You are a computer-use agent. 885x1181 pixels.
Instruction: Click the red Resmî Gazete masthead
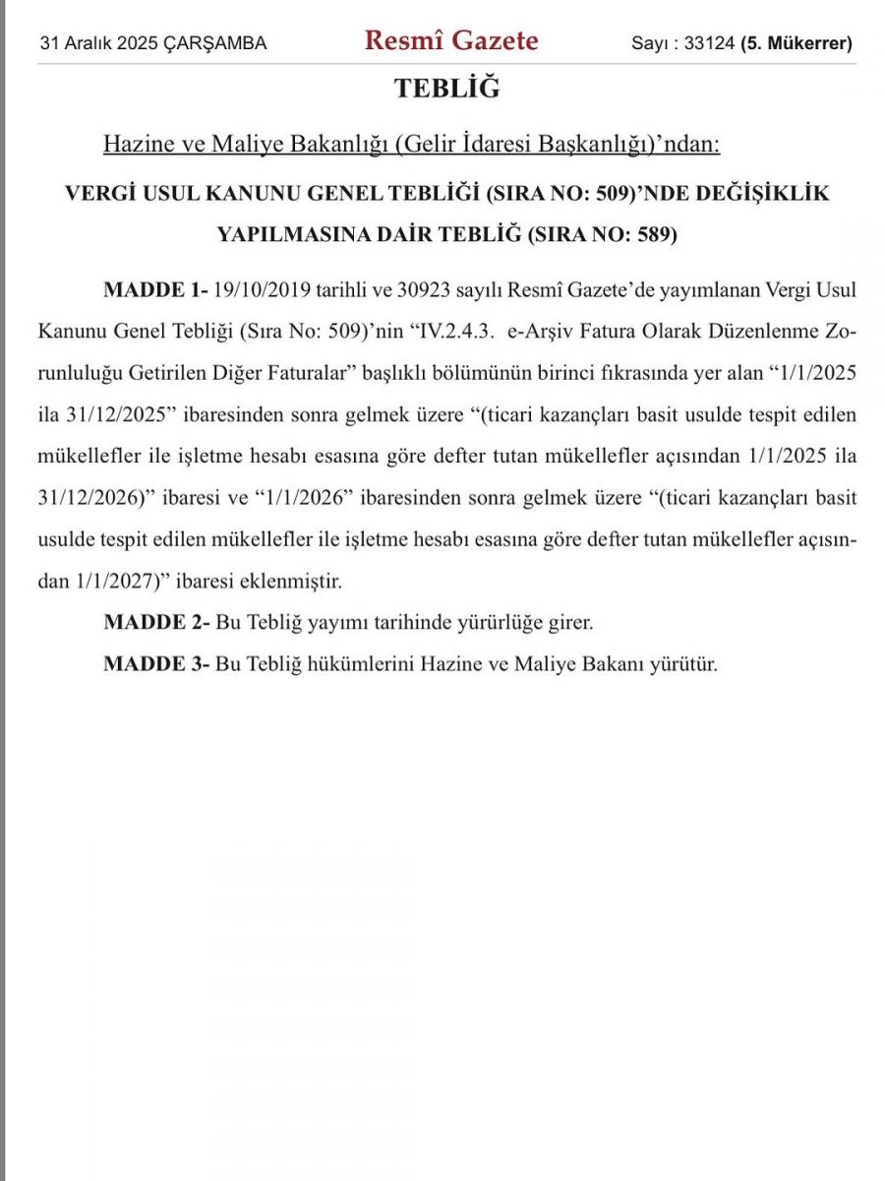451,41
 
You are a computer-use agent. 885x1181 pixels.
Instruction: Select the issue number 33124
709,44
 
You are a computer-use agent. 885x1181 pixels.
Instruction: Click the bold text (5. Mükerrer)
796,44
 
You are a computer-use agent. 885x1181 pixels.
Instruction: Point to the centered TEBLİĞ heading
447,89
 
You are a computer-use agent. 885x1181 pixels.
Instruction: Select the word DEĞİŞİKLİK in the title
765,193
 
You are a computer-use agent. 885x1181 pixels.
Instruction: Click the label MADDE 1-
156,291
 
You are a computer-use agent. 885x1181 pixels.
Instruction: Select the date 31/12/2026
85,498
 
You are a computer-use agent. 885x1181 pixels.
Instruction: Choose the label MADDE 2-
156,623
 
